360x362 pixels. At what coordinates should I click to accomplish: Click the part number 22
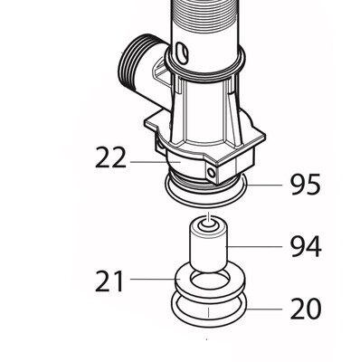pos(110,158)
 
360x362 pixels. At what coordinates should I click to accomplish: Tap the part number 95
pos(305,186)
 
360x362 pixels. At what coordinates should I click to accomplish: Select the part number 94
pos(305,246)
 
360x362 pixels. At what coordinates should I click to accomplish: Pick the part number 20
pos(305,310)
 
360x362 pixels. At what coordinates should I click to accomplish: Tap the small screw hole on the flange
pos(213,172)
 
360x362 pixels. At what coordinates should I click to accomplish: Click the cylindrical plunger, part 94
pos(209,249)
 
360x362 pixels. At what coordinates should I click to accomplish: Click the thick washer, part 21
pos(209,281)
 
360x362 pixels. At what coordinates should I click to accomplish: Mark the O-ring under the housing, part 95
pos(208,190)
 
